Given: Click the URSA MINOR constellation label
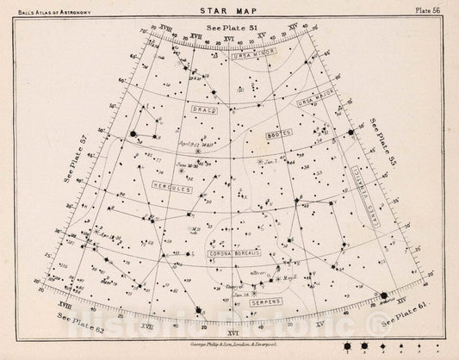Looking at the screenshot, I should tap(252, 55).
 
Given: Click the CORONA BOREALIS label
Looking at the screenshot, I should tap(235, 253).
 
